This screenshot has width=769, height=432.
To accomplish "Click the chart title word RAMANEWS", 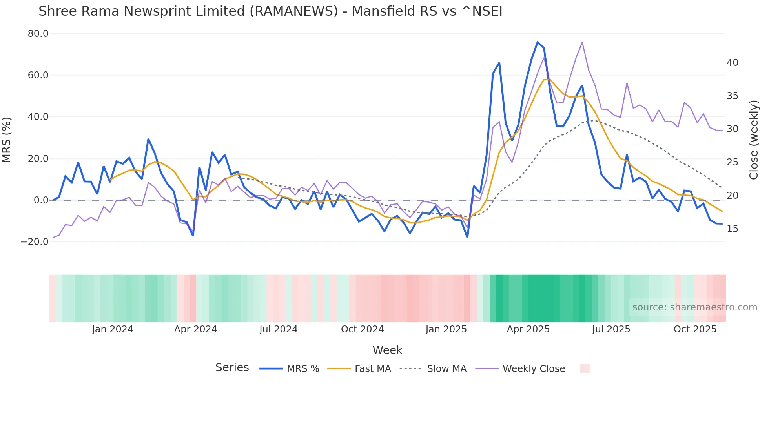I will coord(294,11).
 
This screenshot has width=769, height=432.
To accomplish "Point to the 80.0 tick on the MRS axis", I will coord(38,34).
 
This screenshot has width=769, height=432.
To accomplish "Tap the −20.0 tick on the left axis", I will coord(35,242).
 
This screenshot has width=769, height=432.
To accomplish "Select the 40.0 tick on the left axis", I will coord(38,117).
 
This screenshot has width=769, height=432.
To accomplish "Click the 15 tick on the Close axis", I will coord(732,229).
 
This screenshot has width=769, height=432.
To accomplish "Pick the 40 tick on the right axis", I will coord(732,63).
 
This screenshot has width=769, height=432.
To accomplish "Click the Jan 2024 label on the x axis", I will coord(113,329).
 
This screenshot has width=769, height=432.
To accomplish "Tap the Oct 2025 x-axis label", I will coord(695,329).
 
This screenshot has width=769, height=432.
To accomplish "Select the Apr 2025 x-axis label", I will coord(528,329).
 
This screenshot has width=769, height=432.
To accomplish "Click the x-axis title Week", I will coord(387,350).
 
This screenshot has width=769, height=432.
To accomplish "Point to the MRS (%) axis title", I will coord(7,140).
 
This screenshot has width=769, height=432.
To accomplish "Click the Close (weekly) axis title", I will coord(753,140).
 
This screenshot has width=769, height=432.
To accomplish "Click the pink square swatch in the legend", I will coord(585,368).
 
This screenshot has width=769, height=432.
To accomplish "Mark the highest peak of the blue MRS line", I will coord(538,42).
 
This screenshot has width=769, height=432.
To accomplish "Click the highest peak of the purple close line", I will coord(582,42).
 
